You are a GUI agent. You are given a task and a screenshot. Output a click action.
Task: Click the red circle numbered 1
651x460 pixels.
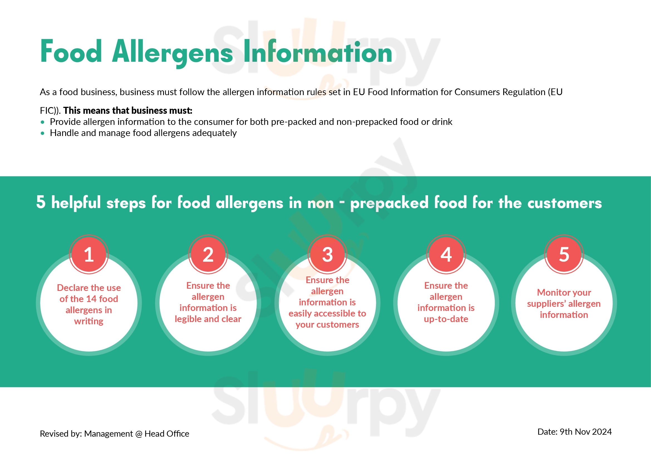[x=89, y=254]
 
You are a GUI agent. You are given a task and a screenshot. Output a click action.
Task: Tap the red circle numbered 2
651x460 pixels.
[x=208, y=254]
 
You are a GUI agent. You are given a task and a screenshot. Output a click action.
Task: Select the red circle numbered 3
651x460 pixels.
[x=328, y=254]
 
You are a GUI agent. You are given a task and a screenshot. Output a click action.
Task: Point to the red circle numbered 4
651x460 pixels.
[x=446, y=254]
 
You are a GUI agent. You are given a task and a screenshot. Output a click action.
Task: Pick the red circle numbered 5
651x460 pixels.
[x=564, y=254]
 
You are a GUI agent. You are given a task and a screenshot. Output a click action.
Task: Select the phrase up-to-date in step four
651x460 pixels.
[x=446, y=319]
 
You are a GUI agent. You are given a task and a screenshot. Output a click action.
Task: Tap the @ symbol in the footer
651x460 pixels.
[x=139, y=434]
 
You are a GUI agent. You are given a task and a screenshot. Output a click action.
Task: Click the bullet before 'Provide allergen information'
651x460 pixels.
[x=43, y=122]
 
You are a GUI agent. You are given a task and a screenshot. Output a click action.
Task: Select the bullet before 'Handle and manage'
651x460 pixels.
[x=43, y=133]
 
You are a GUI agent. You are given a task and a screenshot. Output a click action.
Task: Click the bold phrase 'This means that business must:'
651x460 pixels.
[x=127, y=110]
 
